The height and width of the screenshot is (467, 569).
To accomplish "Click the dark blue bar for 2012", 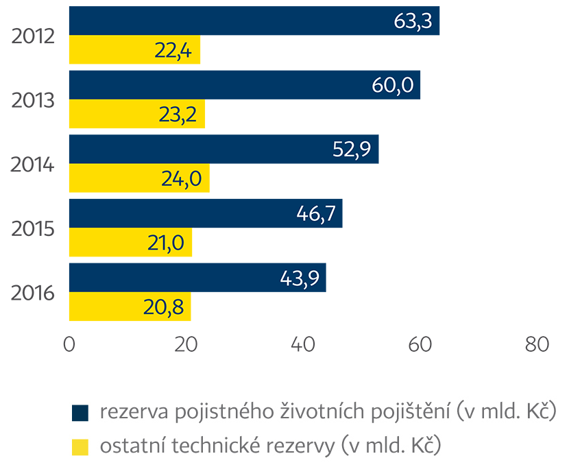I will (254, 21).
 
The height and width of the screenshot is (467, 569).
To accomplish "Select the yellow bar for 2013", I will (137, 114).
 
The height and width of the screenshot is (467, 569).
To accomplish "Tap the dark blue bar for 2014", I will (223, 149).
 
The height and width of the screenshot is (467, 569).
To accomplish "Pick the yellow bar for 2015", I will (130, 242).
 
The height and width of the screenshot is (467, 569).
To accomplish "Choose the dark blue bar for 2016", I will (197, 277).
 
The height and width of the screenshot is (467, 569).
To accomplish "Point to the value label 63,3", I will (413, 21).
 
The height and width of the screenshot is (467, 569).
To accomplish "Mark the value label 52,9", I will (352, 149).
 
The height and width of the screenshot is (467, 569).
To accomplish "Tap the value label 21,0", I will (165, 242).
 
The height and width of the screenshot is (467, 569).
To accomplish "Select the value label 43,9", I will (300, 277).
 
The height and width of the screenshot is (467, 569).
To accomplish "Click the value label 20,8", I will (164, 307).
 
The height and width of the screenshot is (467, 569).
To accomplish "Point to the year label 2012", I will (33, 36).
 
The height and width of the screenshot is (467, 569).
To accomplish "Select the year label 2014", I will (33, 164).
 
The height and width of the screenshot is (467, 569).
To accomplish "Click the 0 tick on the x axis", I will (69, 345).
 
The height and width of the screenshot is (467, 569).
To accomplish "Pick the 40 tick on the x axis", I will (303, 345).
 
